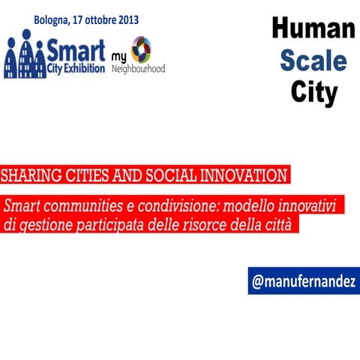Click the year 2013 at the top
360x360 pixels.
tap(124, 19)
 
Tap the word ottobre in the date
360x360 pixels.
tap(96, 19)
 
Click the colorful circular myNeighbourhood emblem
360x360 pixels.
tap(141, 49)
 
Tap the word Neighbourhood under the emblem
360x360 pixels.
tap(138, 68)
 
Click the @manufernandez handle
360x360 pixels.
tap(304, 281)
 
